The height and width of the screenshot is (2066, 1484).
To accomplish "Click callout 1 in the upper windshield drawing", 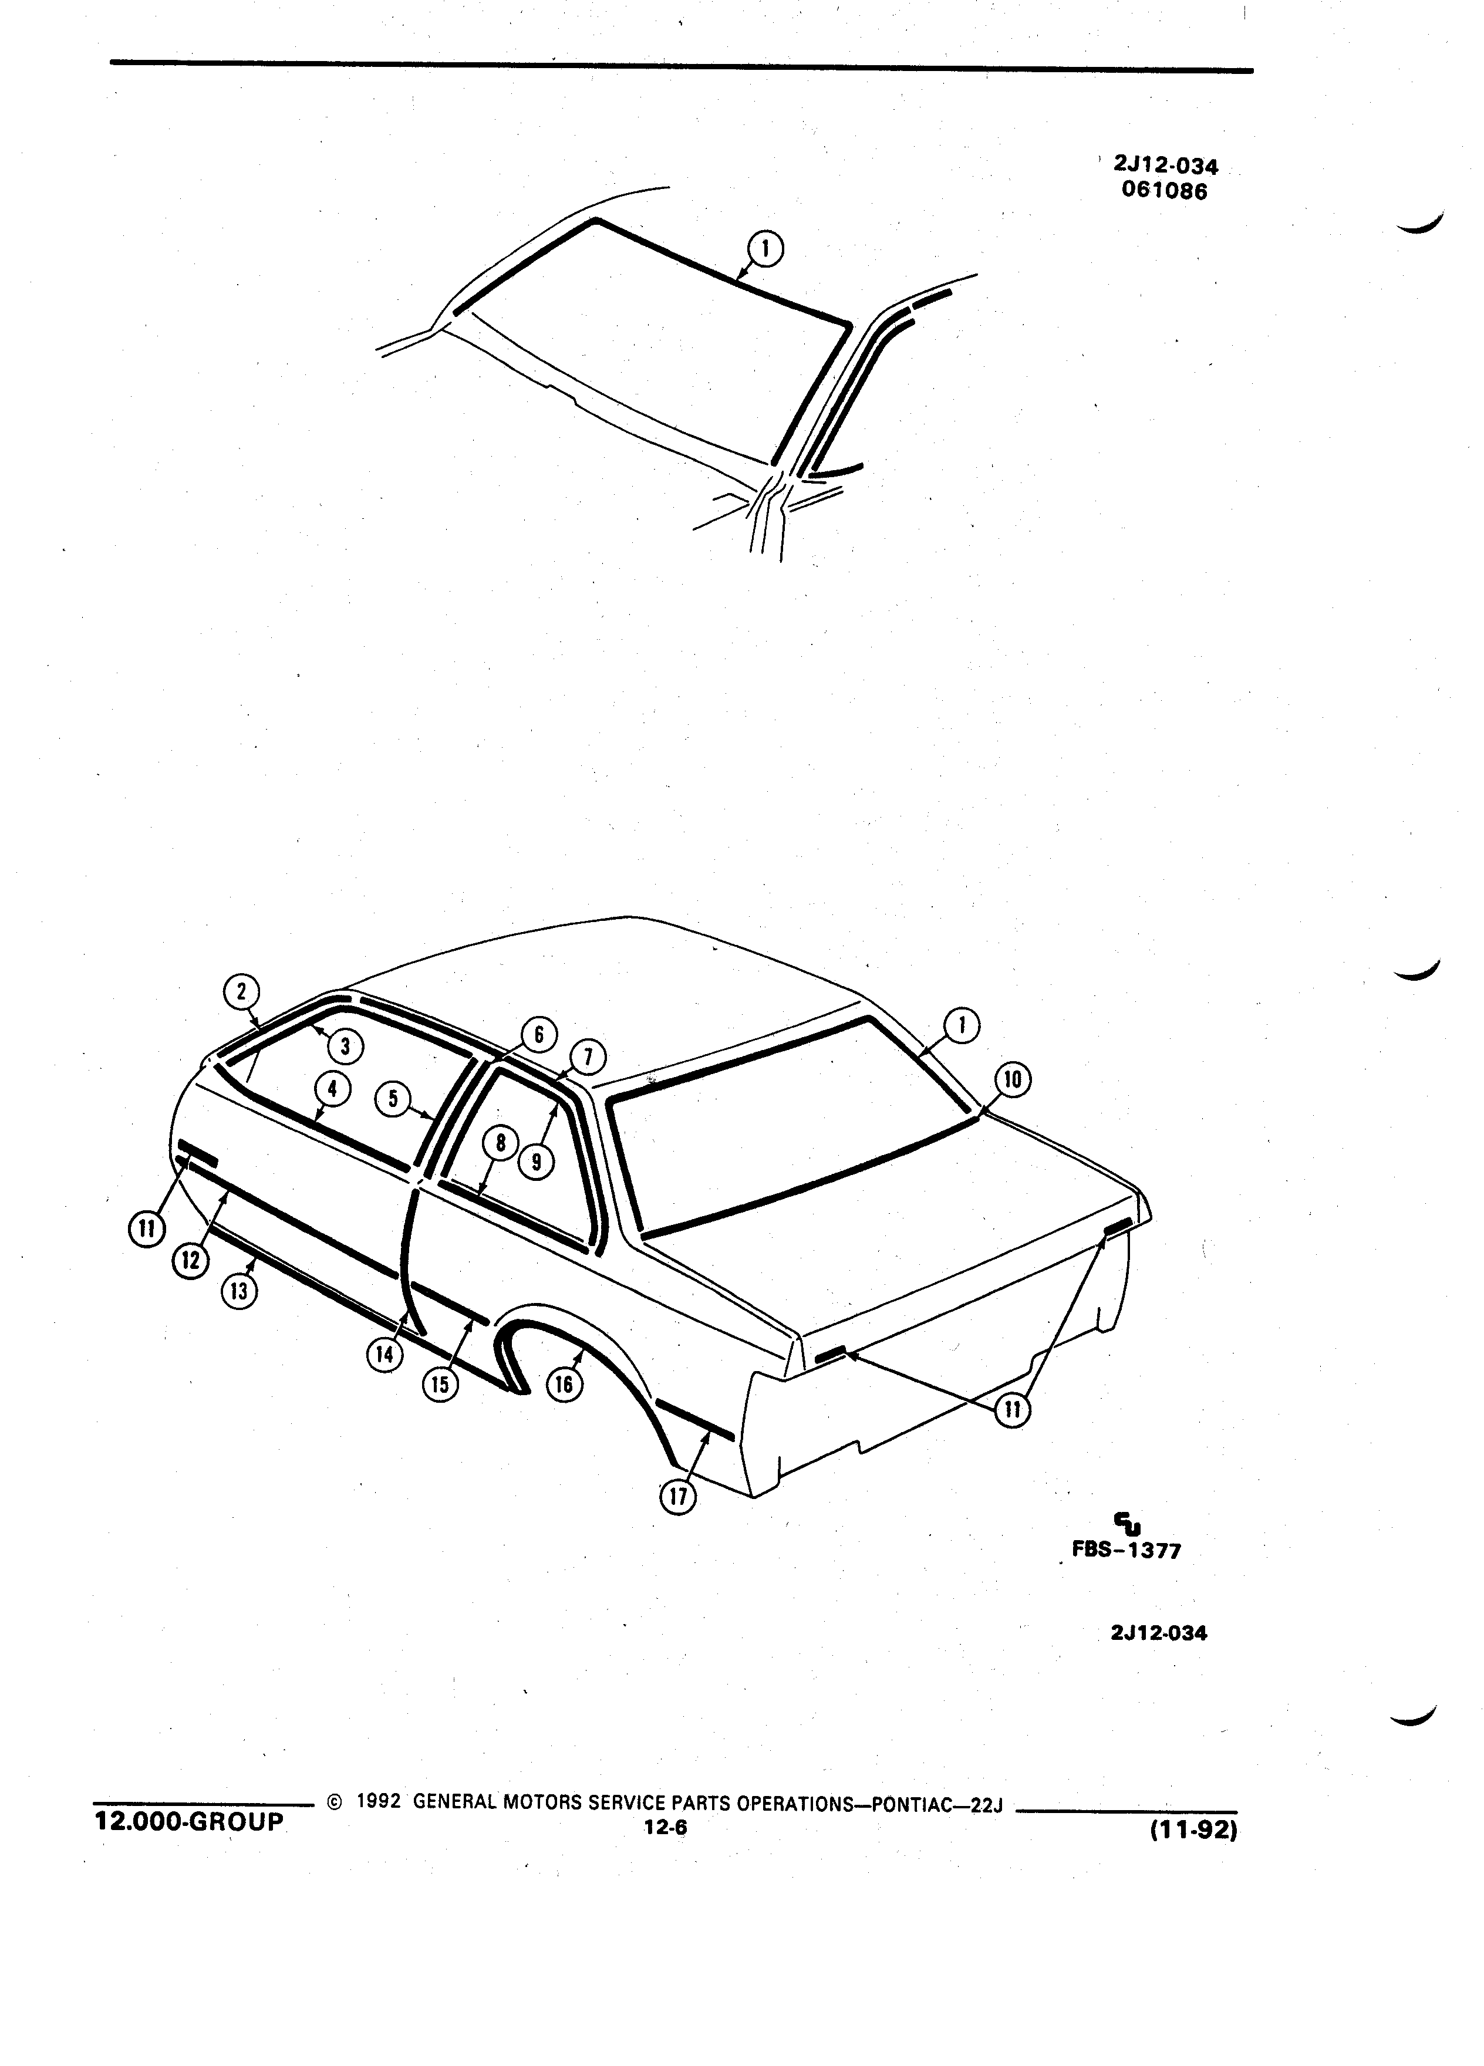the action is (767, 249).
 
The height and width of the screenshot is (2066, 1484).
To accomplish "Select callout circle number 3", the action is (345, 1046).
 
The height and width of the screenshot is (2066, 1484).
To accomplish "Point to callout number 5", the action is (393, 1099).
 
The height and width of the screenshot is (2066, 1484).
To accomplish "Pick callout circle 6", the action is (538, 1035).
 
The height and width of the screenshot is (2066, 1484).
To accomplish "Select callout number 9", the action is (537, 1162).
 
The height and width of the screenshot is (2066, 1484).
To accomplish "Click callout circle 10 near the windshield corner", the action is (1013, 1081).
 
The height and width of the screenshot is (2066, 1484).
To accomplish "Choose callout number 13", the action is (239, 1291).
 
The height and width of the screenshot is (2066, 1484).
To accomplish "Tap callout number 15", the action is (440, 1385).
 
